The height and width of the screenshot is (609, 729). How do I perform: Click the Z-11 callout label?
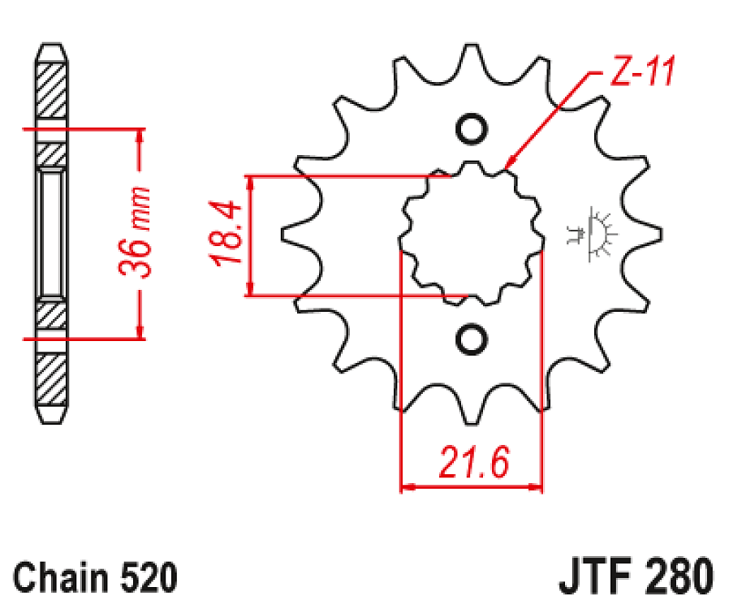(641, 74)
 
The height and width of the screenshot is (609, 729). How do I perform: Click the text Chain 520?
(95, 577)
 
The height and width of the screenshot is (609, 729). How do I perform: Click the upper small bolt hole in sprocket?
(471, 128)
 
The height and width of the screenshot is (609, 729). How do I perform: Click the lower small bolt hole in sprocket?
(471, 339)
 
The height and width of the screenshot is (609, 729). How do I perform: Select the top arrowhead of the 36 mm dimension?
(140, 135)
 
